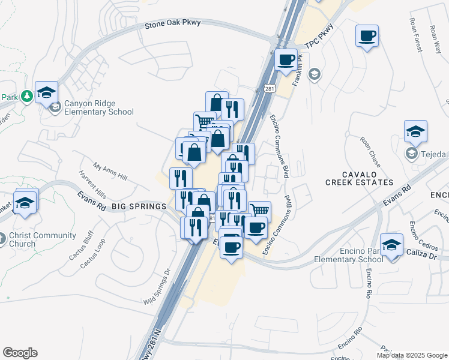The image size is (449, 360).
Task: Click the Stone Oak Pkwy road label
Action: (x=173, y=24)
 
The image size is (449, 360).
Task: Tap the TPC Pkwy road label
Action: (x=318, y=38)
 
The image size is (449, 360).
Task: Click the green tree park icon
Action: (x=26, y=96)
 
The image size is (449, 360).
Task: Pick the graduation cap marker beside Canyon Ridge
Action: (x=46, y=94)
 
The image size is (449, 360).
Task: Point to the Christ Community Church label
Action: (x=42, y=239)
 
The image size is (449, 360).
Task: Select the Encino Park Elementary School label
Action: (x=349, y=256)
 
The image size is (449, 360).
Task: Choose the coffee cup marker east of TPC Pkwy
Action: (x=367, y=37)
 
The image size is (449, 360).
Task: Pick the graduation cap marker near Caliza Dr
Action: (x=391, y=245)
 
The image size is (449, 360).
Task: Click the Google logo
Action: (x=20, y=353)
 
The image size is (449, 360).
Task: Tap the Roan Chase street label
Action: (x=370, y=152)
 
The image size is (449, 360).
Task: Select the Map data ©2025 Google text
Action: (x=411, y=355)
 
